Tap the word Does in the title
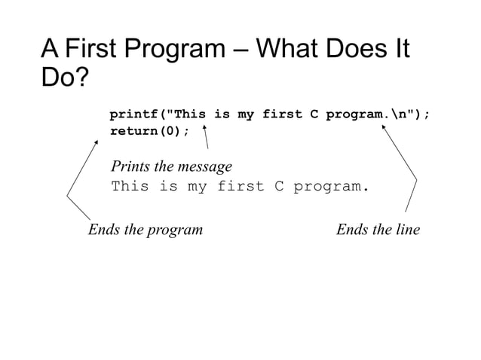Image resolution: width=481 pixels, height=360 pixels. [x=358, y=50]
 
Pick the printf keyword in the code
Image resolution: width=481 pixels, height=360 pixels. [x=136, y=115]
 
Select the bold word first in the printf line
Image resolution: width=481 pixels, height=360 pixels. [x=281, y=115]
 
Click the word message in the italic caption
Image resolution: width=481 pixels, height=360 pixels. [x=205, y=166]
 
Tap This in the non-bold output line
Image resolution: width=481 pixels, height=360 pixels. [x=130, y=185]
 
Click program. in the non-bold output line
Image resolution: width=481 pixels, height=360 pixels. [x=332, y=185]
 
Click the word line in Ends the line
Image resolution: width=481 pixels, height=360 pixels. [x=405, y=229]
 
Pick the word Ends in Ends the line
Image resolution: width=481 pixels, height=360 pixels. [x=351, y=229]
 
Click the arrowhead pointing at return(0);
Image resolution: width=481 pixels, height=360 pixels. [x=96, y=142]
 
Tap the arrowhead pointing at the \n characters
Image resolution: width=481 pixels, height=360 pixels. [x=383, y=127]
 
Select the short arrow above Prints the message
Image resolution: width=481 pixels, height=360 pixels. [x=205, y=138]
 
